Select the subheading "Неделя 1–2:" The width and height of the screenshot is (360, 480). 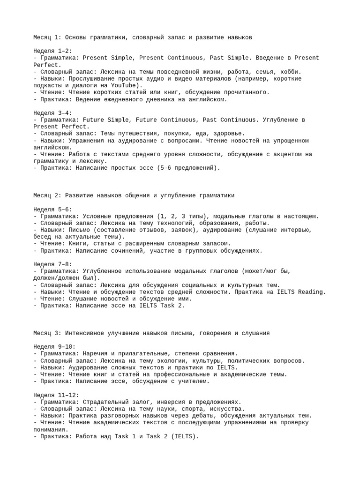pos(52,51)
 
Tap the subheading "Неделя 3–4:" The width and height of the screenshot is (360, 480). pos(52,113)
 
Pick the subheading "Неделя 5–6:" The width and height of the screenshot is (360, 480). pos(52,209)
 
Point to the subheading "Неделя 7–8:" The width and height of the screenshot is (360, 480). pos(52,264)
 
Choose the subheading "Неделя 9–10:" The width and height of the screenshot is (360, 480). pos(54,346)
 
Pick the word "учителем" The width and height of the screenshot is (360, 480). pos(192,381)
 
